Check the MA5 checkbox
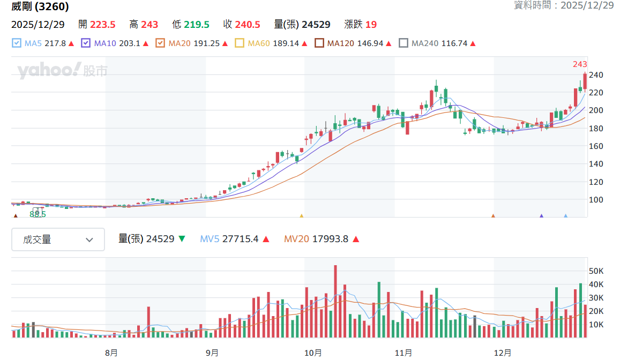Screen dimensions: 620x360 click(16, 43)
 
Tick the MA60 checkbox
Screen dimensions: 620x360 click(239, 43)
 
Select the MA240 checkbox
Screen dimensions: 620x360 click(404, 43)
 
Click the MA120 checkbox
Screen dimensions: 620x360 click(319, 43)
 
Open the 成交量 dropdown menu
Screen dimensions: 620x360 click(58, 239)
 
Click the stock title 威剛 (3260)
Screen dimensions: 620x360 click(40, 6)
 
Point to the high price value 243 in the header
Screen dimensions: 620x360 click(150, 25)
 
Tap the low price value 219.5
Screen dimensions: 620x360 click(196, 25)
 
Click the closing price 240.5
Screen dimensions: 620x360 click(248, 25)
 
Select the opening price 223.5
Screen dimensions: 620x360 click(102, 25)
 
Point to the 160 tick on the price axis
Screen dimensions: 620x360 click(596, 146)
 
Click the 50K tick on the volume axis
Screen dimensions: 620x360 click(596, 271)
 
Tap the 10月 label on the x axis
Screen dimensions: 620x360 click(313, 352)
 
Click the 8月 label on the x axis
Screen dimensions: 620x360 click(111, 352)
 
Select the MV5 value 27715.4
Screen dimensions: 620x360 click(241, 239)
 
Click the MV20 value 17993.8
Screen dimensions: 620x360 click(330, 239)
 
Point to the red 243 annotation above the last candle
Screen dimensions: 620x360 click(580, 64)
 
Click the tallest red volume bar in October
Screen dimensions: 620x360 click(335, 301)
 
